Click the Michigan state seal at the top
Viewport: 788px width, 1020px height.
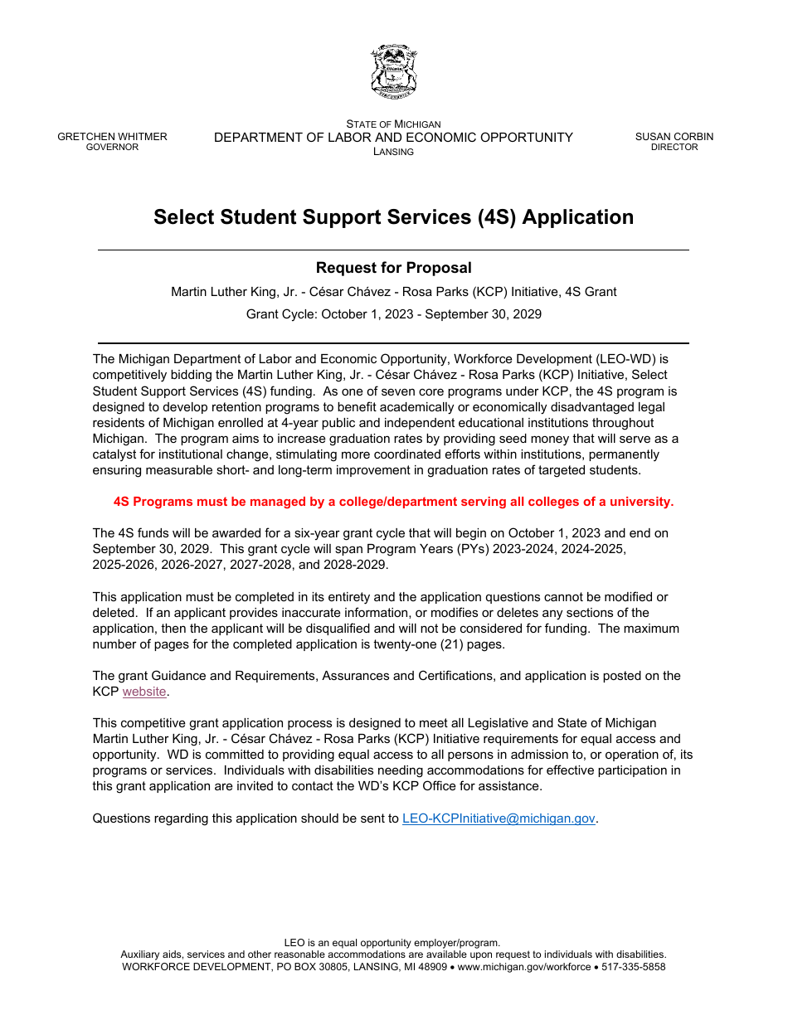click(393, 72)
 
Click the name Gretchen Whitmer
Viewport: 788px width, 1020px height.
click(112, 137)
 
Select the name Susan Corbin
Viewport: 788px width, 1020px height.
click(674, 137)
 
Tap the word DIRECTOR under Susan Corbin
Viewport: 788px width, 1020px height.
click(674, 148)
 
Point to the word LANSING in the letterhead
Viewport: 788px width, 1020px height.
click(393, 152)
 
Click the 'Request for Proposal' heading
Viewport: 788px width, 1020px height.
click(393, 268)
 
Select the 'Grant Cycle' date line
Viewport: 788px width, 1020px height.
click(393, 314)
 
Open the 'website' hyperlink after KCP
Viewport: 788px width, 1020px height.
click(144, 692)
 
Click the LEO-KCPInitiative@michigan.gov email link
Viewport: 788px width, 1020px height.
click(499, 818)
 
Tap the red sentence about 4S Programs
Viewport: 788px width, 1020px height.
click(393, 502)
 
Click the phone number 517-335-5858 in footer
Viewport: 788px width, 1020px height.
click(633, 967)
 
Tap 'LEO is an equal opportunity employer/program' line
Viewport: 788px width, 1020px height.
click(392, 943)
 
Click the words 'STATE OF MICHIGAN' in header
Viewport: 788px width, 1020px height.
click(393, 124)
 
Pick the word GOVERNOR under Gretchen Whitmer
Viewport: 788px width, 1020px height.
click(112, 148)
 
